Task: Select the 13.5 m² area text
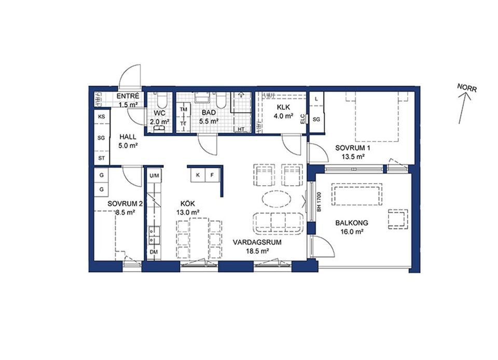(x=353, y=157)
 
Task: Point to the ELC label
(x=302, y=119)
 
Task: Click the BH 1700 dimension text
(x=319, y=202)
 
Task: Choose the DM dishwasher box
(x=154, y=252)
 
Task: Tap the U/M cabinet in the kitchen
(x=155, y=175)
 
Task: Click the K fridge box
(x=198, y=175)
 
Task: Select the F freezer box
(x=212, y=175)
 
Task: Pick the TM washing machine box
(x=183, y=109)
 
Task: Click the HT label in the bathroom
(x=241, y=129)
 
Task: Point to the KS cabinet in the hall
(x=101, y=117)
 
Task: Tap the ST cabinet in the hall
(x=101, y=158)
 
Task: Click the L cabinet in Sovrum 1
(x=316, y=99)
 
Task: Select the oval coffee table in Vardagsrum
(x=276, y=199)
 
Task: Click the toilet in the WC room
(x=160, y=101)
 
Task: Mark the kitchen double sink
(x=154, y=235)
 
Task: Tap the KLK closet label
(x=283, y=107)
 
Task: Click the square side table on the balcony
(x=398, y=219)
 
